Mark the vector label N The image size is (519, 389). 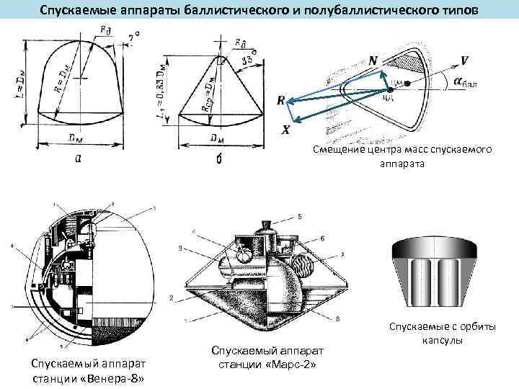[x=372, y=62]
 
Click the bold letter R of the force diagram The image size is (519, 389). [x=281, y=102]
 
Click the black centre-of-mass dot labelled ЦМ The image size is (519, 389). [x=407, y=85]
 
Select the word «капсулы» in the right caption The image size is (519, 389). [x=443, y=339]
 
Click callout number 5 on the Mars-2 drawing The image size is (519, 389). [x=299, y=216]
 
